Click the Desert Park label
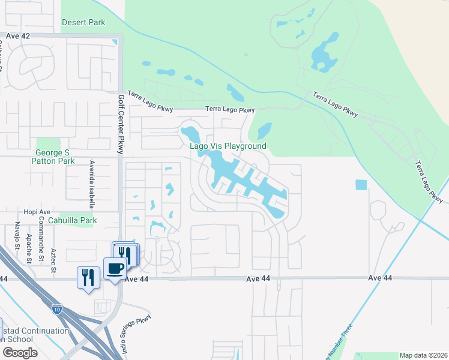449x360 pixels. (83, 23)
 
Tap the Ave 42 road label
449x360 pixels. (18, 36)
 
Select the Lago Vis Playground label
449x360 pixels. (228, 146)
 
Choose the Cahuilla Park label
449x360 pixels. (73, 221)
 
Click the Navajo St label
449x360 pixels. (17, 235)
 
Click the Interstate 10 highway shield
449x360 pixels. (57, 310)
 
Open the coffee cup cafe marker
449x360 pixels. (115, 268)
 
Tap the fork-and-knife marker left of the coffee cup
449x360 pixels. (88, 277)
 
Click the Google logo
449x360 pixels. (20, 353)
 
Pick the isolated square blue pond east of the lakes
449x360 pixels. (361, 185)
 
